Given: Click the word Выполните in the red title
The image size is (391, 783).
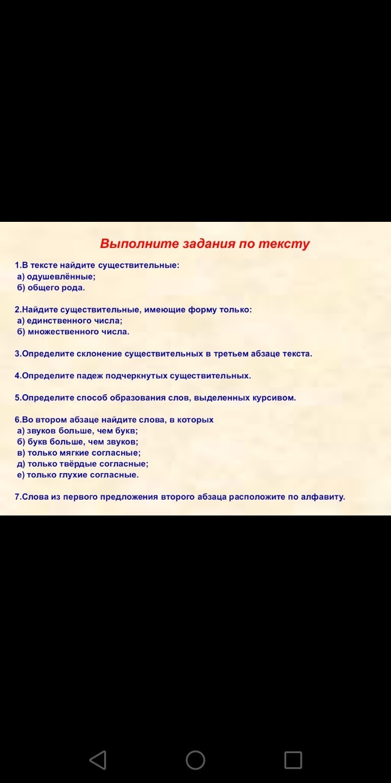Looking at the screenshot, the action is pyautogui.click(x=140, y=244).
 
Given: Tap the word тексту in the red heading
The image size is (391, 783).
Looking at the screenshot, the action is pyautogui.click(x=284, y=244).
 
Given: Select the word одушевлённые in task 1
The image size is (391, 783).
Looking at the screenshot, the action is pyautogui.click(x=61, y=277).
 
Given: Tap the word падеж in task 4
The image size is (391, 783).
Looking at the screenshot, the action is pyautogui.click(x=90, y=376).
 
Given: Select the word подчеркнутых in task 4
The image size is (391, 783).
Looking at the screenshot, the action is pyautogui.click(x=136, y=376).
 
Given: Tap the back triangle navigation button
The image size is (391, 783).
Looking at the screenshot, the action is pyautogui.click(x=98, y=760).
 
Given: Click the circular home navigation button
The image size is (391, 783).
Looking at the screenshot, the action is pyautogui.click(x=195, y=760).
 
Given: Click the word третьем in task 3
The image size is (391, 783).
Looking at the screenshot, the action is pyautogui.click(x=231, y=354).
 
